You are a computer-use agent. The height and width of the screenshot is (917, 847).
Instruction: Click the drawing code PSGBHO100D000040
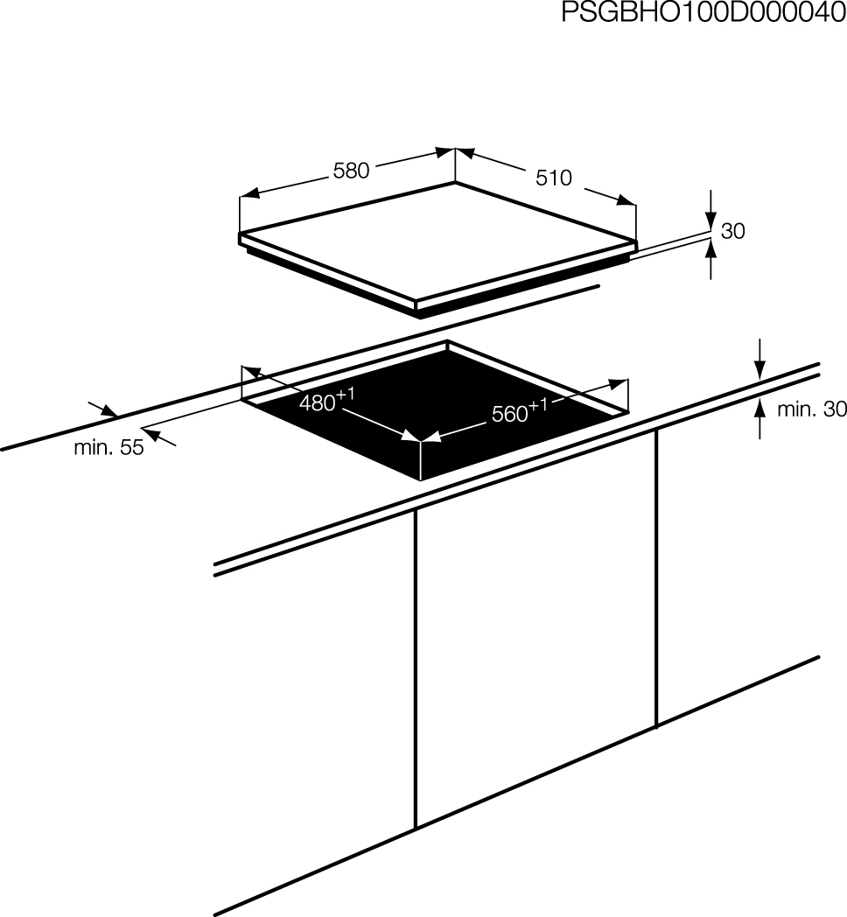(703, 13)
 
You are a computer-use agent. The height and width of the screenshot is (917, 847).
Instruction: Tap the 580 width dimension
(351, 171)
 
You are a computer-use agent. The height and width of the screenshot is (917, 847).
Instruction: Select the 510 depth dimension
(553, 178)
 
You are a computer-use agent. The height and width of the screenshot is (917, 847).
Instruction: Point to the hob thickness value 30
(733, 231)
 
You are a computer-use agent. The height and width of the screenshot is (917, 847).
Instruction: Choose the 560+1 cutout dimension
(520, 410)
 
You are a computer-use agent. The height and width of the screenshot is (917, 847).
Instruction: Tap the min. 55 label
(108, 447)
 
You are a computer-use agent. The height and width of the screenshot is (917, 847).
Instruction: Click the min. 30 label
(811, 409)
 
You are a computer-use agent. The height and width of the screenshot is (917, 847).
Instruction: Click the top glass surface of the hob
(436, 241)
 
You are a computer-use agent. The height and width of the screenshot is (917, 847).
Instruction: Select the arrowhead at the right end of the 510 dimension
(626, 200)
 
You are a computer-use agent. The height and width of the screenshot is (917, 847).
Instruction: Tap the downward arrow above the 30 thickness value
(710, 211)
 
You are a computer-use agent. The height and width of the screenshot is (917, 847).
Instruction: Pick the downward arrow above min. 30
(759, 359)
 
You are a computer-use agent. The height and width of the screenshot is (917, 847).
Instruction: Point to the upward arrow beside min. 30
(759, 418)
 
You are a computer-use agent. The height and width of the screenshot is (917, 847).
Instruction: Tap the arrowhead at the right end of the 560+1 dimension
(618, 383)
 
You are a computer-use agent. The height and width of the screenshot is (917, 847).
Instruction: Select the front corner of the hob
(416, 304)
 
